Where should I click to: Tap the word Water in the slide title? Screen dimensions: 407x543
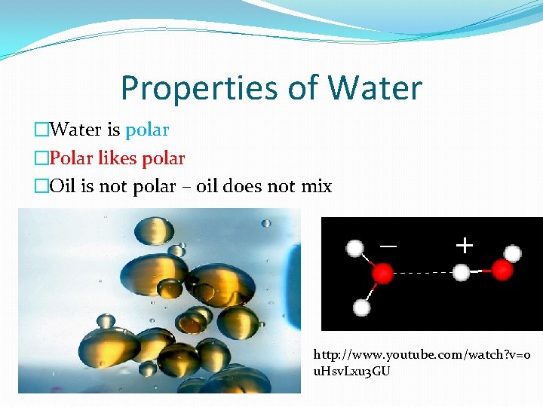tap(375, 88)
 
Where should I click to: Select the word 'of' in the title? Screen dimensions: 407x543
tap(304, 88)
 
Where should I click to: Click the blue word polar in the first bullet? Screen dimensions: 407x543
tap(147, 130)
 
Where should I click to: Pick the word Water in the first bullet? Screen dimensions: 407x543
tap(76, 130)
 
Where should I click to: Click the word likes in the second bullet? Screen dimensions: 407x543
tap(118, 158)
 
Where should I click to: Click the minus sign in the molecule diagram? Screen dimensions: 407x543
tap(388, 246)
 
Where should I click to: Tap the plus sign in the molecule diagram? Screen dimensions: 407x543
tap(465, 245)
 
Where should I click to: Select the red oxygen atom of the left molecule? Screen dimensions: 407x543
tap(383, 272)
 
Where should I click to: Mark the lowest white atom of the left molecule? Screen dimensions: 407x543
tap(362, 308)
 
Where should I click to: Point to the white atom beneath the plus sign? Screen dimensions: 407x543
tap(462, 272)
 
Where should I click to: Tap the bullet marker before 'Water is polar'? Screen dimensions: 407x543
tap(41, 130)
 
